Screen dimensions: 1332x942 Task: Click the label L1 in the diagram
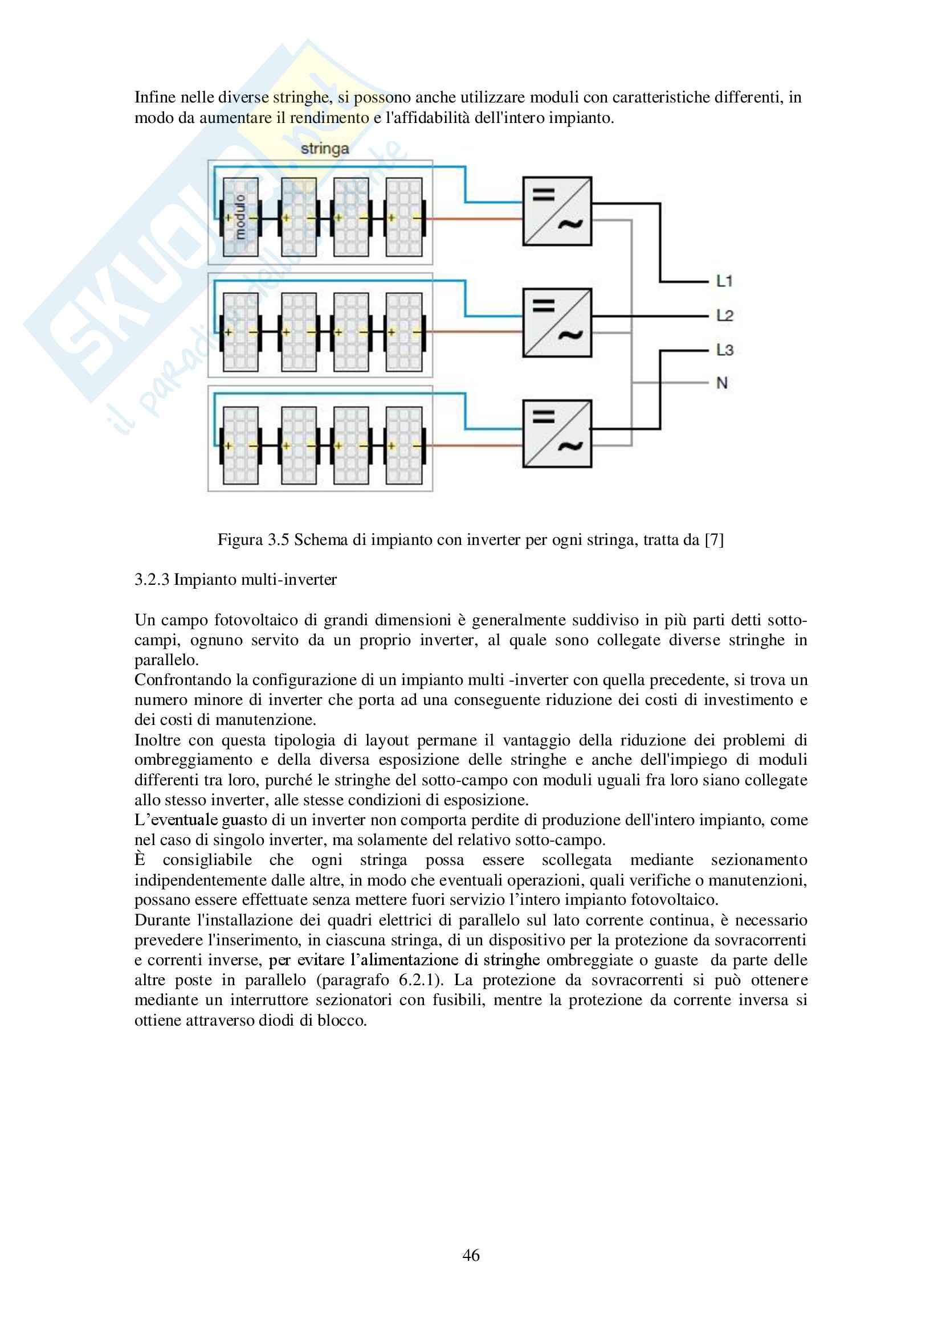724,281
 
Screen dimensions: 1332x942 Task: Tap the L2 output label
725,315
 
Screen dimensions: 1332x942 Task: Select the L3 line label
725,350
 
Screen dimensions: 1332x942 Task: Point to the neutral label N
722,383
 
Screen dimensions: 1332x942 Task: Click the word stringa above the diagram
325,149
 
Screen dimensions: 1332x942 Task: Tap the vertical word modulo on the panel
240,217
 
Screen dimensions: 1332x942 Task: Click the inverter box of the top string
557,211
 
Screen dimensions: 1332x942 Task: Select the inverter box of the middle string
557,322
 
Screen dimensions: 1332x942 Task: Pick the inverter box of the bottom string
557,433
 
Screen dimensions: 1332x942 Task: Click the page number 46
471,1255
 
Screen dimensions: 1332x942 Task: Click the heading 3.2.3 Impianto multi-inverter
236,580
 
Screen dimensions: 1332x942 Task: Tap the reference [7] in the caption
714,540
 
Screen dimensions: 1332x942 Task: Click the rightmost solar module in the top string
404,217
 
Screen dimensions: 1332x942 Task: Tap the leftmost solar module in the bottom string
240,445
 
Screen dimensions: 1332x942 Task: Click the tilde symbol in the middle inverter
570,335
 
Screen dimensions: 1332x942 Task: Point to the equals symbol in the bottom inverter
544,416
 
